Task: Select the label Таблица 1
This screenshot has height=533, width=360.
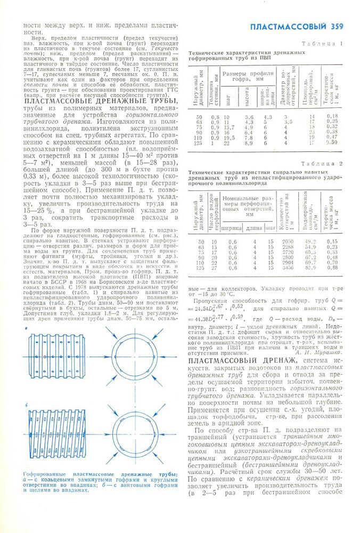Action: click(322, 43)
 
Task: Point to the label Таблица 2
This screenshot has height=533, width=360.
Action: click(322, 164)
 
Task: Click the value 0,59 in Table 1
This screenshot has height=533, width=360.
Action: click(332, 143)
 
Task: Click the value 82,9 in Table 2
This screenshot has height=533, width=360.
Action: click(310, 268)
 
